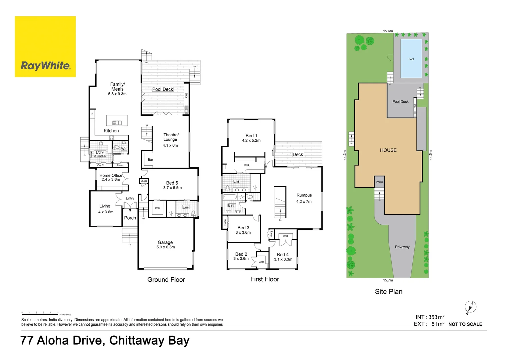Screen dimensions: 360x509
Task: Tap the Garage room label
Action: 165,242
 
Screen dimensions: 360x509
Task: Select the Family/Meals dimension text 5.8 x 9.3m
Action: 117,94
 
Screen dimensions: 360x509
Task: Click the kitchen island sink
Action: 117,123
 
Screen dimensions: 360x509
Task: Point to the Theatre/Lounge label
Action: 171,137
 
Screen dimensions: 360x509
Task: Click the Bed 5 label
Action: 172,183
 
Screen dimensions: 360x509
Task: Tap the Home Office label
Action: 111,175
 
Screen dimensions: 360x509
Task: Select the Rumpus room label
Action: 304,195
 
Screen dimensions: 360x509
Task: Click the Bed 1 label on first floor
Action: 251,136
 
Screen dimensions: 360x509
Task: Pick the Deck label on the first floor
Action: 298,154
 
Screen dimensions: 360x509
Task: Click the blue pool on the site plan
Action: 411,59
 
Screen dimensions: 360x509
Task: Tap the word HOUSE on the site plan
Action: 388,150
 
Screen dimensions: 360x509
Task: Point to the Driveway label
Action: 402,247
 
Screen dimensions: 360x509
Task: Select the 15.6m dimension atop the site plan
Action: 388,31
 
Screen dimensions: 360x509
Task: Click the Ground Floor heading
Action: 166,280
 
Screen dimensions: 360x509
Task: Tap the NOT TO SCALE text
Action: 465,324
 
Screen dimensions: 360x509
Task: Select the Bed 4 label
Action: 283,255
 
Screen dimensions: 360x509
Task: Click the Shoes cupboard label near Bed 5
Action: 144,181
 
